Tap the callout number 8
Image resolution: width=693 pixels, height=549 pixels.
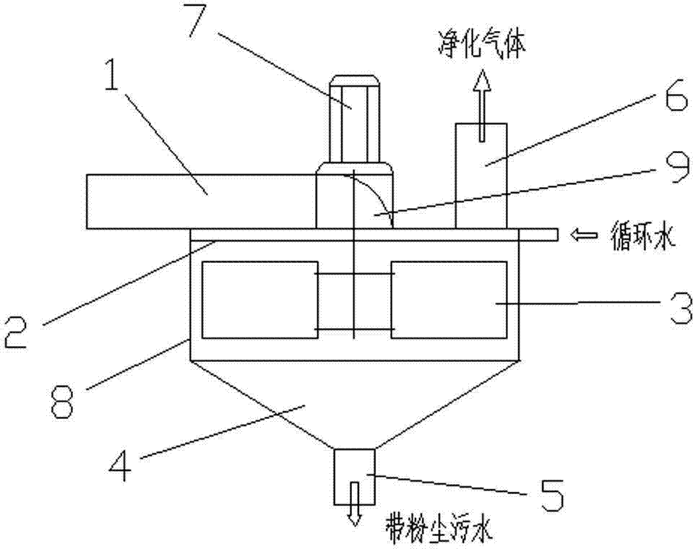tap(61, 401)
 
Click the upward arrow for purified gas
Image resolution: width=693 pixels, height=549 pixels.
tap(482, 105)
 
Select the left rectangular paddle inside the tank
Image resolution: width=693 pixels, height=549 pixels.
tap(260, 300)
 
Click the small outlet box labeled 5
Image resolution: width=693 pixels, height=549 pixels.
tap(355, 477)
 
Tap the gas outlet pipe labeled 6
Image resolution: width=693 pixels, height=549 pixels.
tap(481, 176)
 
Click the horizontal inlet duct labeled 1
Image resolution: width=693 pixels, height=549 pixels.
tap(202, 202)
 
